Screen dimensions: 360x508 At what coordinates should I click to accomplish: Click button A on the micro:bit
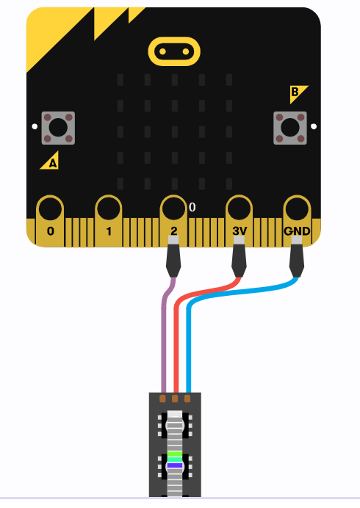click(x=58, y=128)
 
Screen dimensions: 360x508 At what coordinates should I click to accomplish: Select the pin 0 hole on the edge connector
click(x=50, y=208)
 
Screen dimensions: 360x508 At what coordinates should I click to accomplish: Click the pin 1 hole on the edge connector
click(x=108, y=208)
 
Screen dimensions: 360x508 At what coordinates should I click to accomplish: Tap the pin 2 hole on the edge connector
click(x=173, y=208)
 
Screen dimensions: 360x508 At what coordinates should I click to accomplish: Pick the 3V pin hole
click(x=239, y=208)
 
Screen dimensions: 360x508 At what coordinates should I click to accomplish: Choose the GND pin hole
click(x=297, y=208)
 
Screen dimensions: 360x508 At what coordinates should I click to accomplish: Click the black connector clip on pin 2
click(x=173, y=257)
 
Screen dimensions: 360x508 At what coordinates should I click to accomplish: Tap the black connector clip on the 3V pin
click(x=239, y=257)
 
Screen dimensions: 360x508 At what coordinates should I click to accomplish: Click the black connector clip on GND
click(x=297, y=257)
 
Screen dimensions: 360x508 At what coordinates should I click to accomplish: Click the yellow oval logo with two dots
click(x=174, y=51)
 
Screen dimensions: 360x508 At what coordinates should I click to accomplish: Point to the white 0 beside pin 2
click(x=192, y=207)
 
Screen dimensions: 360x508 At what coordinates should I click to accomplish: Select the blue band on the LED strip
click(x=175, y=465)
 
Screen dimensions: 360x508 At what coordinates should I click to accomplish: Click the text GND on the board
click(x=297, y=231)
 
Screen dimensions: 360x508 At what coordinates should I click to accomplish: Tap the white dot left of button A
click(x=35, y=126)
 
